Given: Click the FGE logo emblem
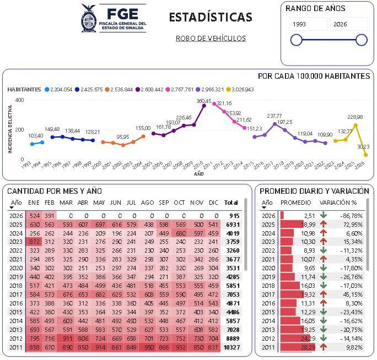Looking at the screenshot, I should [x=88, y=18].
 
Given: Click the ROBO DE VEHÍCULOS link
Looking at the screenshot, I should [x=211, y=39].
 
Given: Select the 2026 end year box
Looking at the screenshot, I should [x=348, y=24].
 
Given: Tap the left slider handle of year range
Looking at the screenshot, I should [x=296, y=40].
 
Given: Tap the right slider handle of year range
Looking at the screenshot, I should [x=362, y=40].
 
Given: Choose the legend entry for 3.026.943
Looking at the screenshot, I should [x=239, y=89].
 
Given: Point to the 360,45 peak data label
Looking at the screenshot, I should [x=204, y=101].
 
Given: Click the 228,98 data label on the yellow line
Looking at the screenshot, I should [x=355, y=117].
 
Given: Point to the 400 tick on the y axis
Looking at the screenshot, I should [x=20, y=100].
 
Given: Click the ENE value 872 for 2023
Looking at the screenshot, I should [x=34, y=241].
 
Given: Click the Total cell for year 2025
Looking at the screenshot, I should [x=232, y=224].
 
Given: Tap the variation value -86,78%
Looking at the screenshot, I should [x=349, y=216].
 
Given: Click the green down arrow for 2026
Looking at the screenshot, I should [x=324, y=216].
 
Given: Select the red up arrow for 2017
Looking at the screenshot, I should [x=324, y=294].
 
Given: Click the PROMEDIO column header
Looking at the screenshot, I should [x=295, y=203].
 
